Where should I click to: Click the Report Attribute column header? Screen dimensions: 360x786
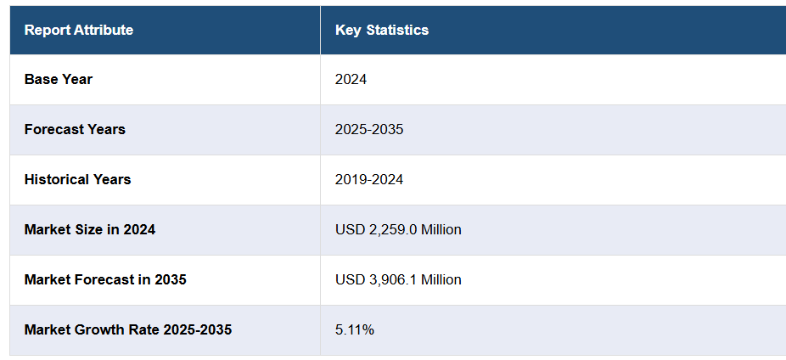(78, 31)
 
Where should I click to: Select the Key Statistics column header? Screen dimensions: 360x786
(382, 31)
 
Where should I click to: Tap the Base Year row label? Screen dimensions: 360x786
(59, 79)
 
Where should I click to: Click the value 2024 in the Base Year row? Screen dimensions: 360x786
(351, 79)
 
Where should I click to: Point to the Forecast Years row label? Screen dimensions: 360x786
(75, 129)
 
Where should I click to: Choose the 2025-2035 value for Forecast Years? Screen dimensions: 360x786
(369, 129)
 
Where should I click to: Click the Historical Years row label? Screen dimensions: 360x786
(77, 179)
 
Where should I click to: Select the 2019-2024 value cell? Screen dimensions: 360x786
(369, 179)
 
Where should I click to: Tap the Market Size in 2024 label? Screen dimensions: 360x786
(90, 229)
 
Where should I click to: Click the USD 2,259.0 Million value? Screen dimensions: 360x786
(398, 229)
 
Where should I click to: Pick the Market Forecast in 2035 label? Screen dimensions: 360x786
(105, 279)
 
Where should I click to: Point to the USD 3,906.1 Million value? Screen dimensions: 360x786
(398, 279)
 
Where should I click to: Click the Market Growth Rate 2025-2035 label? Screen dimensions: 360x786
(127, 329)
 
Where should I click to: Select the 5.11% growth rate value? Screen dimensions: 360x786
(354, 329)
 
